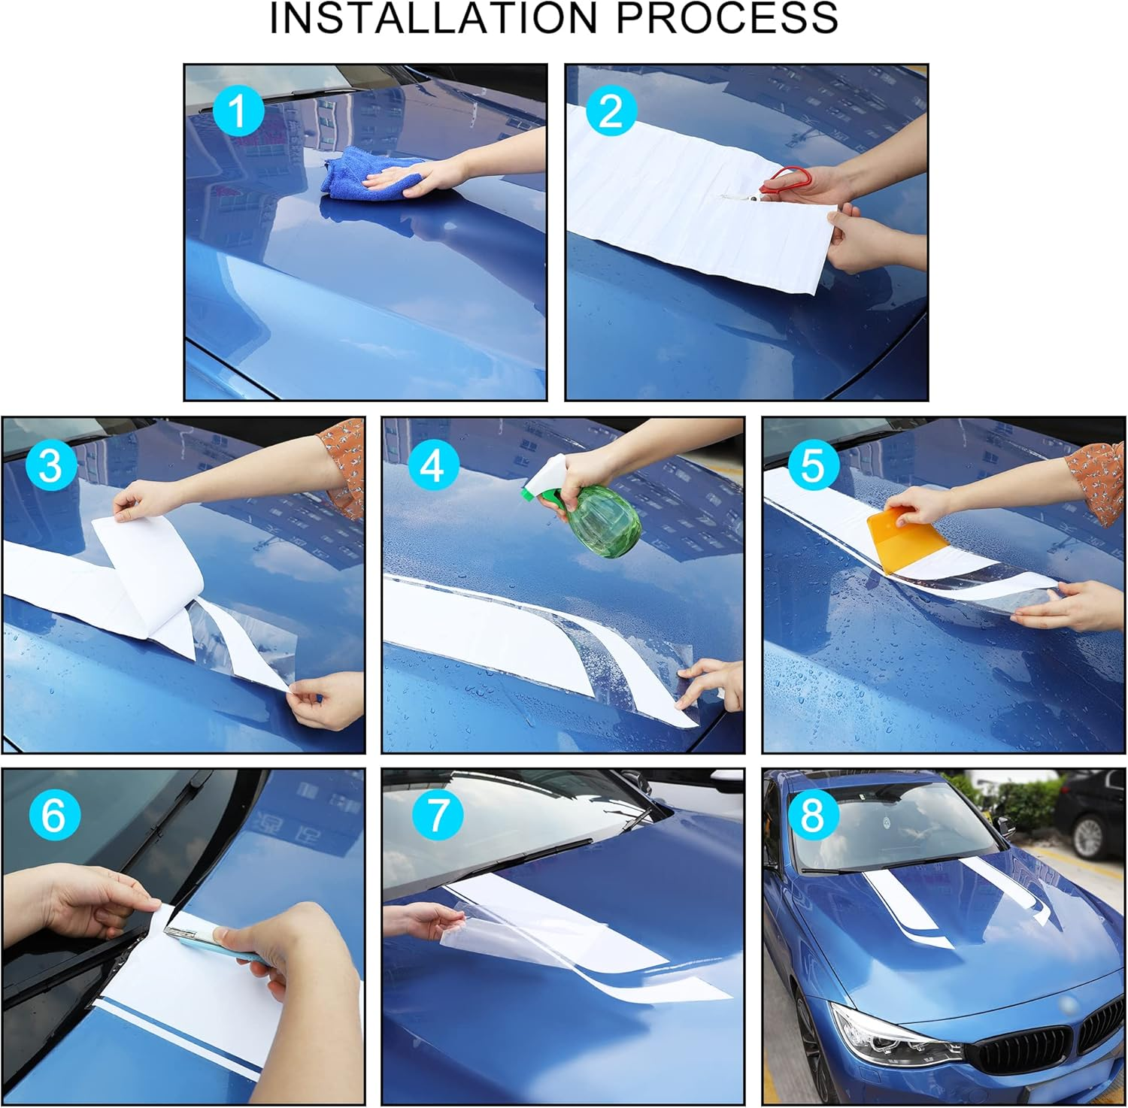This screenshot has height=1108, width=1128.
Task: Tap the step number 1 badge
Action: point(238,111)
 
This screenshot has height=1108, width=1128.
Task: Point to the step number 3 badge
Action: point(50,465)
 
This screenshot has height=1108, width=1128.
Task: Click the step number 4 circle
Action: point(432,465)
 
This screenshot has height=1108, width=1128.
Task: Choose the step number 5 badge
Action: point(813,465)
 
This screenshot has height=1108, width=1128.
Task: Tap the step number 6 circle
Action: point(53,815)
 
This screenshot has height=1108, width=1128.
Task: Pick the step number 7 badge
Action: point(436,815)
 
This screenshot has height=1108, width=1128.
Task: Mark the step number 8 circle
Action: point(813,815)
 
